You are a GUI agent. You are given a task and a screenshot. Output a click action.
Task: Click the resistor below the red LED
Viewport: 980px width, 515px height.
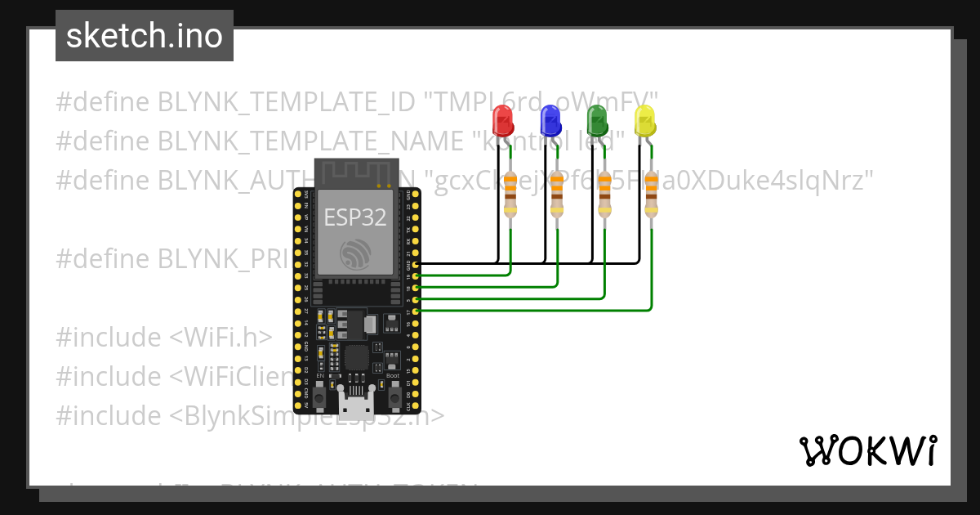click(x=510, y=195)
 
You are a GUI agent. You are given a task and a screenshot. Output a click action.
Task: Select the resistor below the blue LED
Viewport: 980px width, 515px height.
click(x=558, y=195)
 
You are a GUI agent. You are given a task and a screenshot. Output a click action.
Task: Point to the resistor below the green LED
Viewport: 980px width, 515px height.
click(x=604, y=195)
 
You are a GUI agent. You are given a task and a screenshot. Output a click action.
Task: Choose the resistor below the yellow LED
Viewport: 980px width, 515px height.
click(x=651, y=195)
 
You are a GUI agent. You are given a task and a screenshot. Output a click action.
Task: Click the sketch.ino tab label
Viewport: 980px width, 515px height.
click(x=145, y=36)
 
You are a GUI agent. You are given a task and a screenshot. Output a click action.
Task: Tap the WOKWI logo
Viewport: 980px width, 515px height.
click(x=867, y=450)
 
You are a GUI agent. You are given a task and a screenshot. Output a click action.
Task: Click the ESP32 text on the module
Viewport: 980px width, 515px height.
click(x=355, y=217)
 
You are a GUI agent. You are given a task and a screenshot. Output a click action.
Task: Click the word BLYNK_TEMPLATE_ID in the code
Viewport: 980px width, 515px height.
click(x=287, y=102)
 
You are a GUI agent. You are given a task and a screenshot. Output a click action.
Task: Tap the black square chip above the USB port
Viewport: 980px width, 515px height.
click(x=356, y=357)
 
